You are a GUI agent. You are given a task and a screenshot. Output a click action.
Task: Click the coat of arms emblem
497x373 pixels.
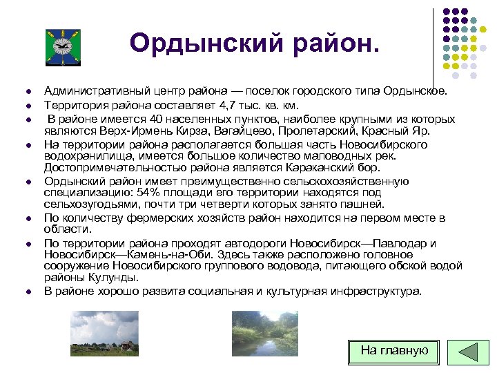(x=63, y=47)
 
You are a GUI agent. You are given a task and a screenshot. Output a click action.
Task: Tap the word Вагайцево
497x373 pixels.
(x=231, y=130)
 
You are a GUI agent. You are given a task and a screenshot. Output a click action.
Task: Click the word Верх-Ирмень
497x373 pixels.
(x=131, y=130)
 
